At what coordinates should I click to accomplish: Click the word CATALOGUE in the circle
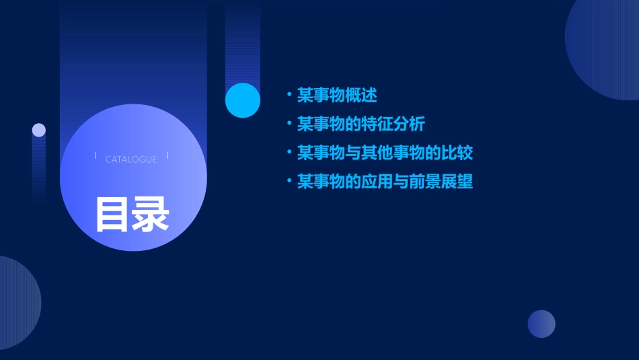tap(131, 159)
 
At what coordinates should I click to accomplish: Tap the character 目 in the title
tap(112, 214)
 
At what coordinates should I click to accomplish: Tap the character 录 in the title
tap(151, 214)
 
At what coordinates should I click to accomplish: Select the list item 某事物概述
tap(337, 96)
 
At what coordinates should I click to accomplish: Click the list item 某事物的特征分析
tap(361, 124)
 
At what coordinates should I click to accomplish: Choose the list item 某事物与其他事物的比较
tap(385, 153)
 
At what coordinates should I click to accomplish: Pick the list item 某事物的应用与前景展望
tap(385, 182)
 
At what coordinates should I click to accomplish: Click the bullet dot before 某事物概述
tap(289, 96)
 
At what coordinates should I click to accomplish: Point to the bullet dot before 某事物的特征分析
tap(289, 124)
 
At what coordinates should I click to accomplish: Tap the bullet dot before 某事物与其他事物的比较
tap(289, 153)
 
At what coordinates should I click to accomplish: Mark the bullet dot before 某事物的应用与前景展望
tap(289, 182)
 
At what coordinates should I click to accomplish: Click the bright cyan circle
tap(243, 100)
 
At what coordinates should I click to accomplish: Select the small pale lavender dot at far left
tap(39, 130)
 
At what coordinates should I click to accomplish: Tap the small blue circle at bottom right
tap(541, 324)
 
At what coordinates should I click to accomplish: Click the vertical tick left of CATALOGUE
tap(96, 156)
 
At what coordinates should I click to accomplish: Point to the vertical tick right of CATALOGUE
tap(167, 156)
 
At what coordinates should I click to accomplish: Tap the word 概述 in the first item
tap(361, 96)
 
